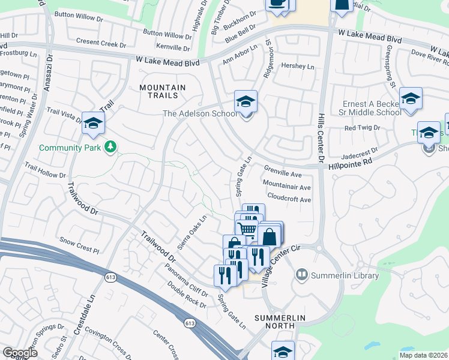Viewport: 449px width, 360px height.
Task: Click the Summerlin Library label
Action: click(345, 275)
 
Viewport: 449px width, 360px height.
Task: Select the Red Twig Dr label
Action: click(362, 128)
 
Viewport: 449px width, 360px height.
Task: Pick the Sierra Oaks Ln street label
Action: click(191, 233)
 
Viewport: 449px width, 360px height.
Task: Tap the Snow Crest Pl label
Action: click(79, 248)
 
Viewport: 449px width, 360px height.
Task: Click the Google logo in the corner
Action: click(20, 353)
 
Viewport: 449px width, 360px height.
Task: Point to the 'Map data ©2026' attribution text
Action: click(423, 355)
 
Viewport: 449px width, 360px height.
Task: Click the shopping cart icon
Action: click(246, 227)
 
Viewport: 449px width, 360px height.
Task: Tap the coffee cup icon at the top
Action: click(277, 4)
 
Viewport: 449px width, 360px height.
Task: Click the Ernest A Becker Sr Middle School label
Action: click(372, 108)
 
